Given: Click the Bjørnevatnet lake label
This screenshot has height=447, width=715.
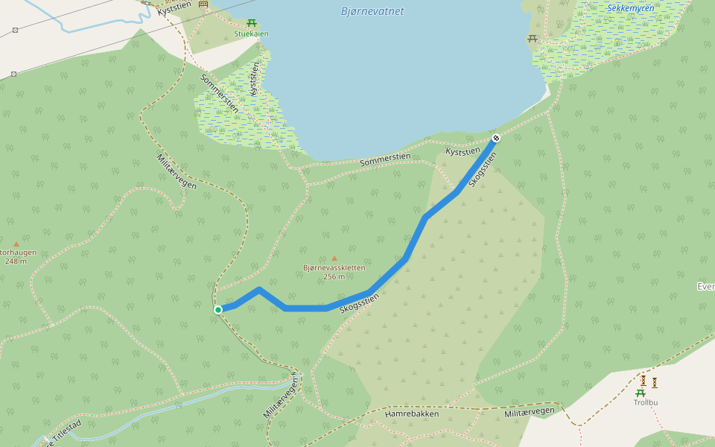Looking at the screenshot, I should point(372,11).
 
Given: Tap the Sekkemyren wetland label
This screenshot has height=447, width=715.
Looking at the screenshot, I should point(631,8).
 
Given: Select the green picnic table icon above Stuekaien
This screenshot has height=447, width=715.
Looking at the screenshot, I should point(252,23).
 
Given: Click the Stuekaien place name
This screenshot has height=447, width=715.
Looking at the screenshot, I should point(251,34).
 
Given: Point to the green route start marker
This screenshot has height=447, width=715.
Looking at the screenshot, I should point(218,309).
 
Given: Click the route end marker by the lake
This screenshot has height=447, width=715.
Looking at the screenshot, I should point(496,138).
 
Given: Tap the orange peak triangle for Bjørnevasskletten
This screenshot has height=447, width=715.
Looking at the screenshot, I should point(334,259).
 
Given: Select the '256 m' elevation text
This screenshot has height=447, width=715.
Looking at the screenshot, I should point(334,276).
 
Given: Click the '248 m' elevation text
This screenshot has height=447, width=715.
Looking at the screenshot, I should point(16,261).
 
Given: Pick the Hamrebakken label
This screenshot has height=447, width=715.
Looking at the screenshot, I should point(412,413).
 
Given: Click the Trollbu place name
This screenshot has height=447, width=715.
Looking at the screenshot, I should point(646,402).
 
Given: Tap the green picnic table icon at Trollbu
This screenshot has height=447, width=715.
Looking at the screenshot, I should point(641,393).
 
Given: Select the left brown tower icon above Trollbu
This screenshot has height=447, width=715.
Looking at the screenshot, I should point(643,381).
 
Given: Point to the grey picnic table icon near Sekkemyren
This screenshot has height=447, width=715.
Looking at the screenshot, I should point(532,38).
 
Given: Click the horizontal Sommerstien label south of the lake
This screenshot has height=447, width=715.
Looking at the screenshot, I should point(385,159).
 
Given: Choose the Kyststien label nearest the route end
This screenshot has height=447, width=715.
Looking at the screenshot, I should point(463,151).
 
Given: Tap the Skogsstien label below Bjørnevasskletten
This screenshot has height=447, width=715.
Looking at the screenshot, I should point(359,302).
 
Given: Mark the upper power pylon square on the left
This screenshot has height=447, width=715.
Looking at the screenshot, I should point(15,31).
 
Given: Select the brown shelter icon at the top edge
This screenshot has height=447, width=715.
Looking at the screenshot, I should point(203,4).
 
